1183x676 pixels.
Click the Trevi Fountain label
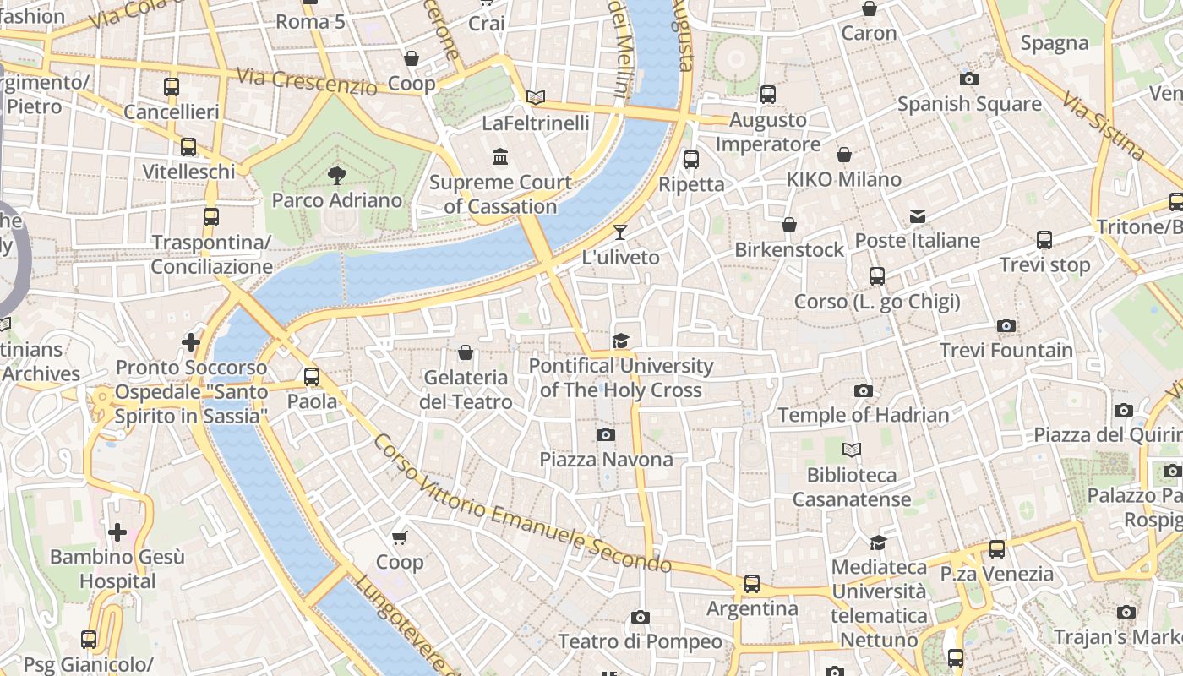pos(1006,350)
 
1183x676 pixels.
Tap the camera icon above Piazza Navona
pos(605,435)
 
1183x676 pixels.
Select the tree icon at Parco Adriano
pos(336,176)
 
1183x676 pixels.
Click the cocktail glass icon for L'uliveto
pos(620,232)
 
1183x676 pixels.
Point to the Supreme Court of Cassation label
pos(500,194)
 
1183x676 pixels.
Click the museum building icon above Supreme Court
pos(500,157)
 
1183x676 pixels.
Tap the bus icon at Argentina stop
pos(751,584)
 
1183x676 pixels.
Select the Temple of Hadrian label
pos(863,415)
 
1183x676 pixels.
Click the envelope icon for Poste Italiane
pos(918,216)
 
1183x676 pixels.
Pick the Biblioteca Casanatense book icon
pos(852,450)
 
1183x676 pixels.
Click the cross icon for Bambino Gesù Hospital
pos(117,532)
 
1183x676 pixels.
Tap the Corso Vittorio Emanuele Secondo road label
pos(521,504)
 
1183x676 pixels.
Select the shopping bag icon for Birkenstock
pos(788,225)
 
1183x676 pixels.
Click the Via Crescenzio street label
pos(306,81)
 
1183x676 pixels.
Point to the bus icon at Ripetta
pos(690,159)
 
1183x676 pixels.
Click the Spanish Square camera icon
pos(969,79)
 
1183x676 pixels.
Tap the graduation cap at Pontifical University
pos(621,341)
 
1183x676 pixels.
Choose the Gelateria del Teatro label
pos(466,390)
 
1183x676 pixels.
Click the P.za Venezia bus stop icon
pos(997,549)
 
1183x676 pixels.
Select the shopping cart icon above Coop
pos(400,537)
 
